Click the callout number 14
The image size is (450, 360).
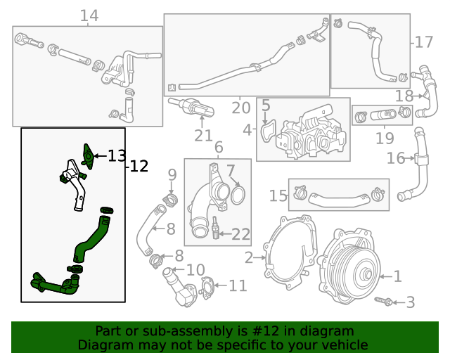[89, 15]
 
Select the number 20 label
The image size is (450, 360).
[240, 108]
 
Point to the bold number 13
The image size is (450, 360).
[116, 155]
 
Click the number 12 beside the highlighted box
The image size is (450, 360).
[139, 167]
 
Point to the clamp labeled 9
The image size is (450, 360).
[169, 199]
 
